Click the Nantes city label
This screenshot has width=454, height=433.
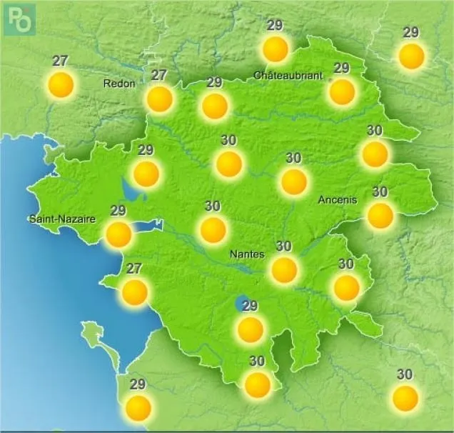click(x=247, y=254)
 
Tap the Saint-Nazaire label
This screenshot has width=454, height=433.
click(x=62, y=219)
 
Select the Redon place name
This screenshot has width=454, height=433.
click(x=119, y=84)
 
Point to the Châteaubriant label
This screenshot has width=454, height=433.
click(x=288, y=75)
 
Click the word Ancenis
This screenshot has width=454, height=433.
click(x=337, y=200)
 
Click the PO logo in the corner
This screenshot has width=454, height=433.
click(x=19, y=19)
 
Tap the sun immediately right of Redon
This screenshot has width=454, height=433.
click(x=159, y=99)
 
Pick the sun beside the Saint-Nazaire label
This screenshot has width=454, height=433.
click(x=118, y=234)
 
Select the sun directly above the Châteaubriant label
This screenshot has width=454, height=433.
click(x=275, y=49)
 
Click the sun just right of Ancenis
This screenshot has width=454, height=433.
click(x=380, y=215)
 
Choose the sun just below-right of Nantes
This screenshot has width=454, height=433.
click(x=284, y=269)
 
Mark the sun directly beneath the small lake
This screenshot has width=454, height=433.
click(x=250, y=329)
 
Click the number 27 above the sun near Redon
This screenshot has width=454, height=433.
click(x=158, y=74)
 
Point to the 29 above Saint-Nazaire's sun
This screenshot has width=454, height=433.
click(x=118, y=210)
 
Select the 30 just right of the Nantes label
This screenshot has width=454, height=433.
click(x=283, y=247)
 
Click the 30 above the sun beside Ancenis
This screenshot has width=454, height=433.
click(x=380, y=191)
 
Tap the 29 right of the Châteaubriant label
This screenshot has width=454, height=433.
click(x=341, y=68)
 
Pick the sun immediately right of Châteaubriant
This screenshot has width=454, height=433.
click(x=342, y=91)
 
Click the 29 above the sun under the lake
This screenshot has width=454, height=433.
click(x=250, y=306)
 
